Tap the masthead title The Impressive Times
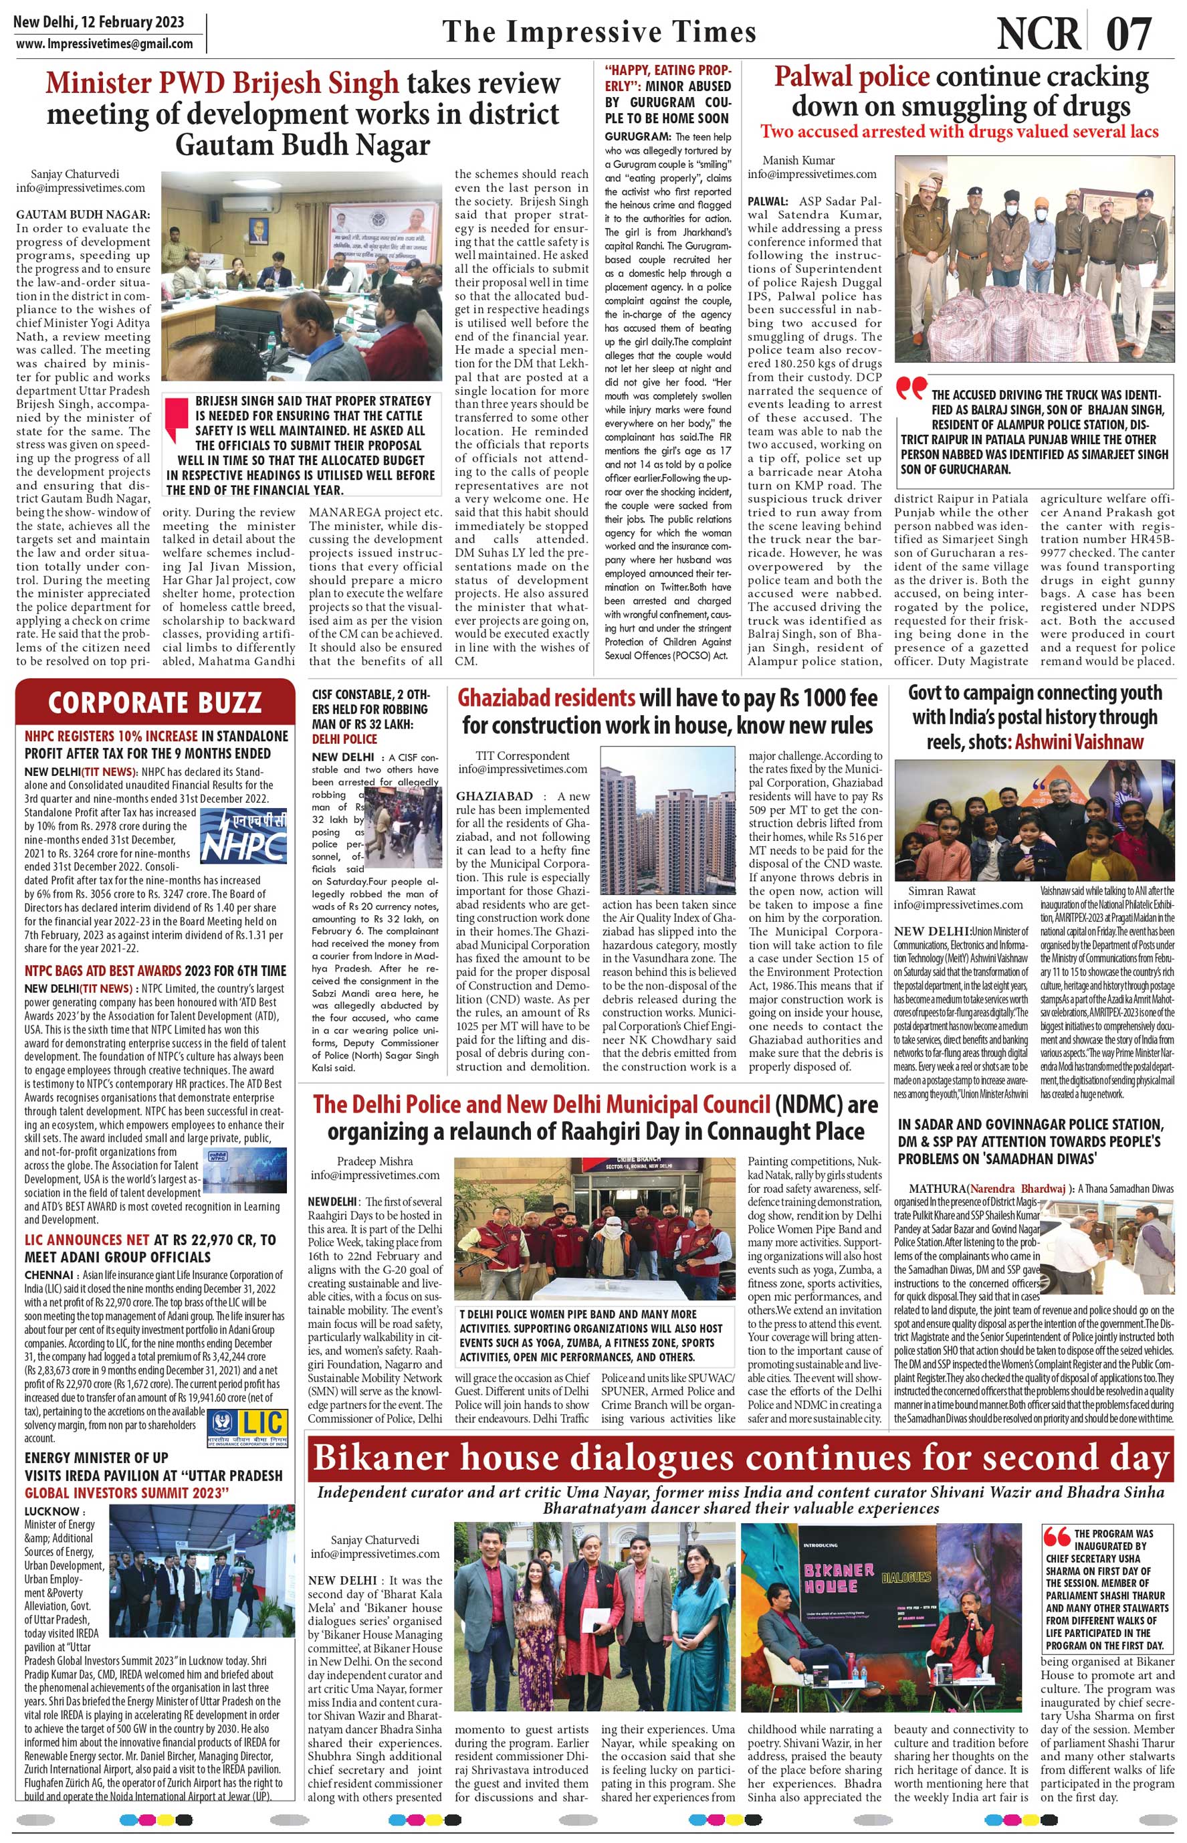tap(599, 31)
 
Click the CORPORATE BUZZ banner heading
tap(154, 702)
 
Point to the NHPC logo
tap(243, 836)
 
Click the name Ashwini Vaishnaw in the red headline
tap(1079, 741)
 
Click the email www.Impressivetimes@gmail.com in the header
tap(105, 43)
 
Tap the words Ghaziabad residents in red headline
tap(546, 698)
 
